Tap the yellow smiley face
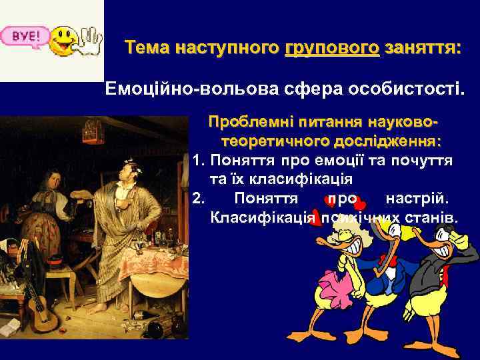click(x=64, y=40)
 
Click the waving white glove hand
click(x=89, y=41)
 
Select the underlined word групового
click(x=332, y=49)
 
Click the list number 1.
click(x=197, y=161)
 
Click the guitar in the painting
click(x=39, y=311)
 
